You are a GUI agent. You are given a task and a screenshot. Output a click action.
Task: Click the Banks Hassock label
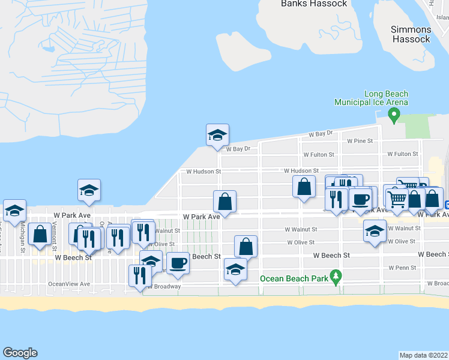pyautogui.click(x=314, y=4)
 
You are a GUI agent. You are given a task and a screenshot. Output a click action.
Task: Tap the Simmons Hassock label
pyautogui.click(x=411, y=34)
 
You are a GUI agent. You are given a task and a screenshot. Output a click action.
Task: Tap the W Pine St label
pyautogui.click(x=360, y=141)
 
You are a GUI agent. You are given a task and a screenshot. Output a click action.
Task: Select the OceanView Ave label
pyautogui.click(x=69, y=284)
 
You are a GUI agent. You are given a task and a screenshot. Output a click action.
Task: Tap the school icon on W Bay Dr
pyautogui.click(x=217, y=135)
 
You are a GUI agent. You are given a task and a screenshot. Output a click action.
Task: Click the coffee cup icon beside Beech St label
pyautogui.click(x=177, y=263)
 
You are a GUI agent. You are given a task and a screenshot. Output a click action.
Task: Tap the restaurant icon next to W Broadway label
pyautogui.click(x=138, y=275)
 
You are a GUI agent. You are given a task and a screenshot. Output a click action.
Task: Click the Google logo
pyautogui.click(x=20, y=353)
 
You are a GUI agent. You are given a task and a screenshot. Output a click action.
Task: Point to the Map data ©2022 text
pyautogui.click(x=424, y=355)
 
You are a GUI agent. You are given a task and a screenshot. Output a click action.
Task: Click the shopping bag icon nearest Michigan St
pyautogui.click(x=40, y=235)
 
